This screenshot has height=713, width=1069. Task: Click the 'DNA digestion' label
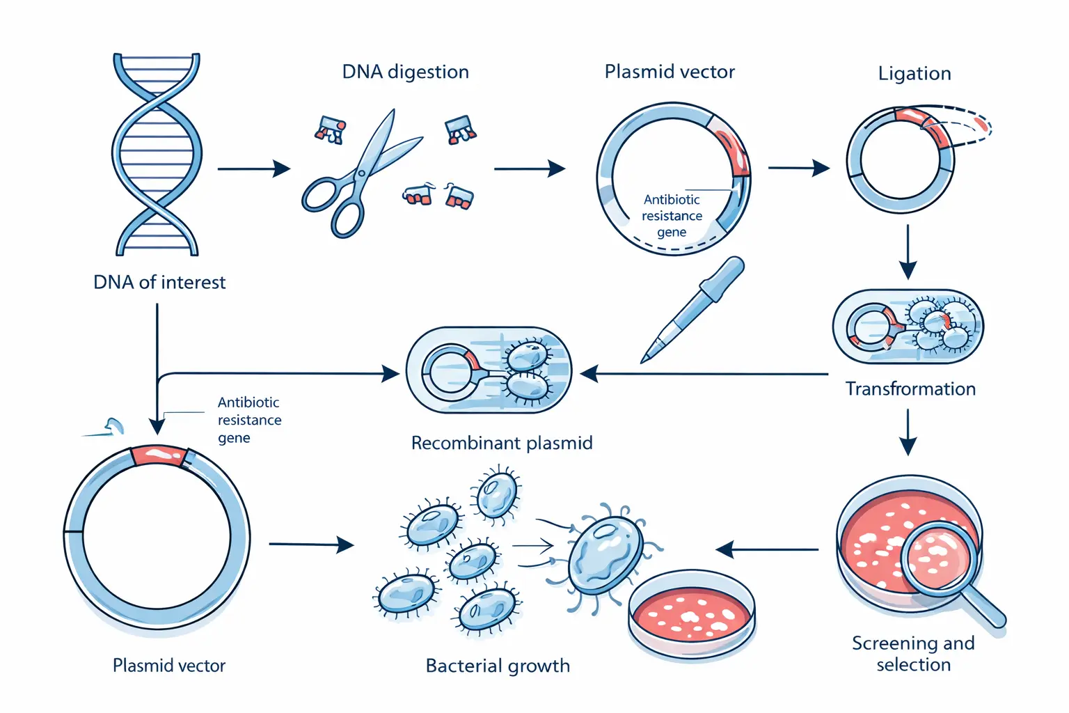405,72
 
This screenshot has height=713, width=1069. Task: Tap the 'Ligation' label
914,74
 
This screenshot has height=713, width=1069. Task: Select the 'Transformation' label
910,389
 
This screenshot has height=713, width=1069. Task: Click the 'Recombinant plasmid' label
501,444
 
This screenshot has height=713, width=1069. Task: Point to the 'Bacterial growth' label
497,666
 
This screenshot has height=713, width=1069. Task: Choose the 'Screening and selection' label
913,654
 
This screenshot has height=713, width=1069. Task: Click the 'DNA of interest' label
159,283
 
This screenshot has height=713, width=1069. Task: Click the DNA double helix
157,155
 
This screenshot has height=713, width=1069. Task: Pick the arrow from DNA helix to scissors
253,169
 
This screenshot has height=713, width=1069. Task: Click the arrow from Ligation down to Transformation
908,251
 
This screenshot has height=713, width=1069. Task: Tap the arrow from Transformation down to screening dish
908,432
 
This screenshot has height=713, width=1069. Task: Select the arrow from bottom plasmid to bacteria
310,544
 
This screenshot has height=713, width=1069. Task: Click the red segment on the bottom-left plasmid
159,455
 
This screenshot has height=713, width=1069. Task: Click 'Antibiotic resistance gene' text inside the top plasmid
672,216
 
